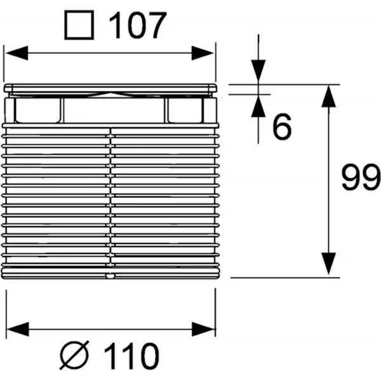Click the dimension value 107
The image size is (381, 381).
click(x=138, y=25)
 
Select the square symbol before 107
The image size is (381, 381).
click(x=79, y=25)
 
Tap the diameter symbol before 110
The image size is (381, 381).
click(x=74, y=355)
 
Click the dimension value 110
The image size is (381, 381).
click(x=132, y=356)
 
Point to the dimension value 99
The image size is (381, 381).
click(x=361, y=177)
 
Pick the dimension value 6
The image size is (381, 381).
click(x=282, y=126)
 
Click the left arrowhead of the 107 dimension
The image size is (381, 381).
click(x=17, y=53)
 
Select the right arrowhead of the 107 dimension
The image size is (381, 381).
click(x=203, y=53)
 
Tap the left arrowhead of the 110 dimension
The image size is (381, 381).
click(x=18, y=329)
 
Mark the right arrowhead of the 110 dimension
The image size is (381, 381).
click(x=203, y=329)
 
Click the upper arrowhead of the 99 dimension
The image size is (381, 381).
click(x=328, y=97)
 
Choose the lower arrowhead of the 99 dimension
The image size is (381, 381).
click(x=328, y=264)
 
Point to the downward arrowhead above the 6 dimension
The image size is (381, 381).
click(x=258, y=70)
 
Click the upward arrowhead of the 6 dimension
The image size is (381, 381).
click(x=258, y=106)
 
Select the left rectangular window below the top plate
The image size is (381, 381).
click(x=37, y=110)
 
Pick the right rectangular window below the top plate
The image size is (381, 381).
click(x=185, y=110)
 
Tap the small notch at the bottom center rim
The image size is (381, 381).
click(x=110, y=276)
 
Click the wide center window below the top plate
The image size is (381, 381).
click(x=114, y=110)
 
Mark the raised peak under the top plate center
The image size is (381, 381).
click(x=110, y=94)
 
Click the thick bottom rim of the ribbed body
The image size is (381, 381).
click(x=110, y=273)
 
